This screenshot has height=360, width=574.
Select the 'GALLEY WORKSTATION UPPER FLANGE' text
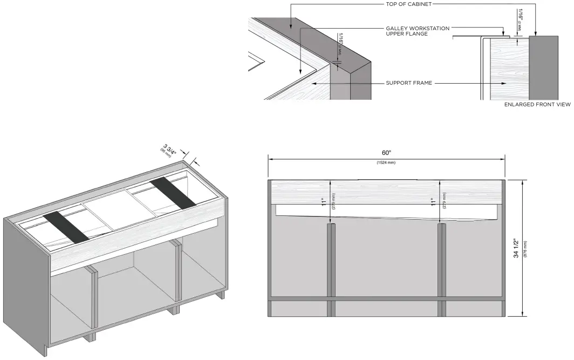(x=418, y=31)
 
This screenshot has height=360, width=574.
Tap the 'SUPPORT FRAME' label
(x=409, y=84)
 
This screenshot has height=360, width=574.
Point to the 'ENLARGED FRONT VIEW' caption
(x=537, y=105)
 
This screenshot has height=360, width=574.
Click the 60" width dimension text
(x=386, y=153)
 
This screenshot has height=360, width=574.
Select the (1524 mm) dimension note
(x=386, y=162)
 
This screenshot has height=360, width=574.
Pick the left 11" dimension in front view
(x=324, y=201)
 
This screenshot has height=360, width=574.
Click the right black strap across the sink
(x=173, y=192)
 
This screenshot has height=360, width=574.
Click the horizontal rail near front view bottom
(x=386, y=298)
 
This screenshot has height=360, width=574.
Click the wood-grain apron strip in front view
(x=386, y=192)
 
